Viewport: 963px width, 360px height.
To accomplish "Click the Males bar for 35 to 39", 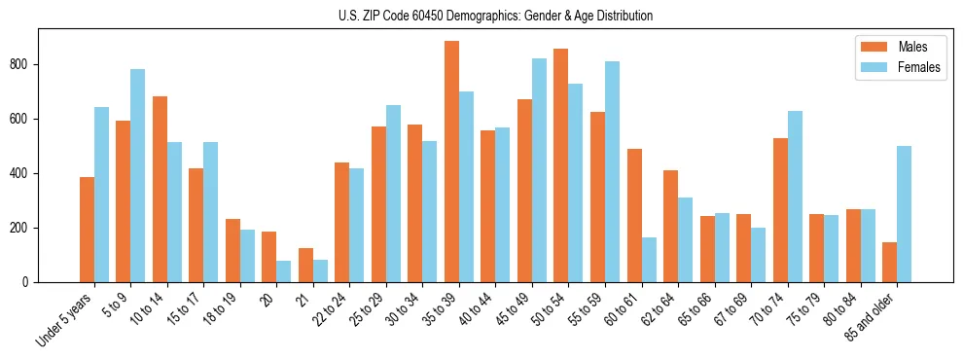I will click(x=451, y=162).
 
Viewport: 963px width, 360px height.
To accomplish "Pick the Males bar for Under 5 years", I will click(x=87, y=230).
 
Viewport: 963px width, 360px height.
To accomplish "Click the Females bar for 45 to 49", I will click(x=539, y=170).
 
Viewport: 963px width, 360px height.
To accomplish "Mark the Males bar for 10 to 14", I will click(x=160, y=189).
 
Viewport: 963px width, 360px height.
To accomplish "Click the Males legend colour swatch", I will click(x=874, y=47).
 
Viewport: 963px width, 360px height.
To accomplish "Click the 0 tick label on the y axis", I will click(x=28, y=282).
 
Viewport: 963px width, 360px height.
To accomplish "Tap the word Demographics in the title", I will click(x=476, y=16).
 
